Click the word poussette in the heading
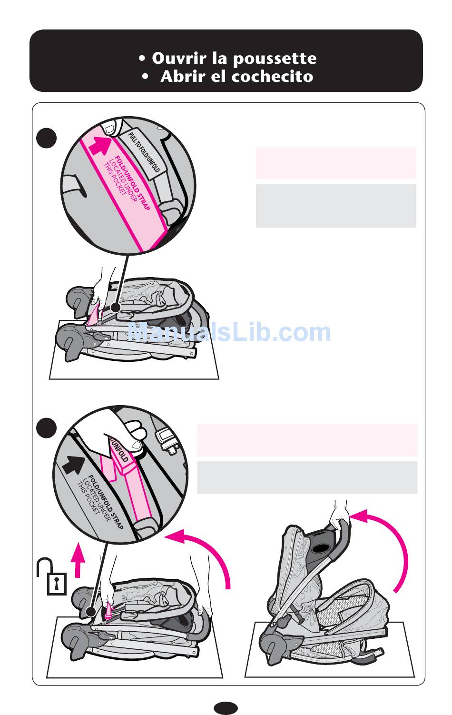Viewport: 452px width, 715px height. [275, 59]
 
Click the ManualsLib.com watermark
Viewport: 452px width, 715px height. [229, 332]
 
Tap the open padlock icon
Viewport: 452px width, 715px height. [52, 577]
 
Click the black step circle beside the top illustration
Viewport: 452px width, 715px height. [47, 138]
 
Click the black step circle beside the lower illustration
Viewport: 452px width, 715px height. [47, 428]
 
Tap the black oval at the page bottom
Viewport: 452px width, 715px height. [226, 708]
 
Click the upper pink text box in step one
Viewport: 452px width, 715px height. [336, 163]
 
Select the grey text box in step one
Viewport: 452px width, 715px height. [336, 206]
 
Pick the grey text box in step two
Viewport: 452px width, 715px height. [307, 477]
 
